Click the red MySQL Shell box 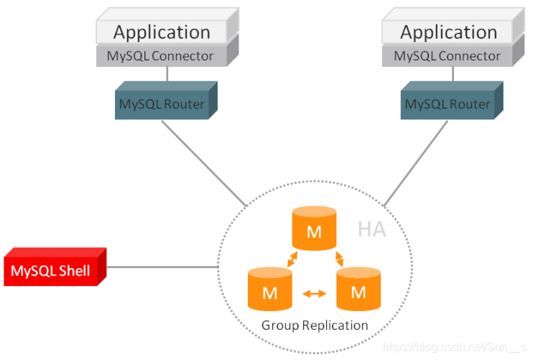(x=55, y=267)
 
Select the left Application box (x=167, y=26)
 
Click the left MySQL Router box (x=166, y=101)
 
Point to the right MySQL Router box (x=452, y=101)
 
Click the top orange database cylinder (x=315, y=228)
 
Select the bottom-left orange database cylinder (x=270, y=289)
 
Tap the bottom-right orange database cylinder (x=358, y=289)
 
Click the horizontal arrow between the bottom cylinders (x=315, y=293)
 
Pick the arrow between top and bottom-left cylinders (x=292, y=259)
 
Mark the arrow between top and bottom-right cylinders (x=339, y=259)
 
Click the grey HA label (x=372, y=229)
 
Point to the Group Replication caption (x=315, y=326)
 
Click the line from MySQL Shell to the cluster (x=162, y=267)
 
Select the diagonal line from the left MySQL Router (x=203, y=163)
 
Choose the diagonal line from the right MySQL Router (x=416, y=163)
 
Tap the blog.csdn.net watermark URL (x=455, y=347)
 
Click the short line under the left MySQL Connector (x=167, y=74)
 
